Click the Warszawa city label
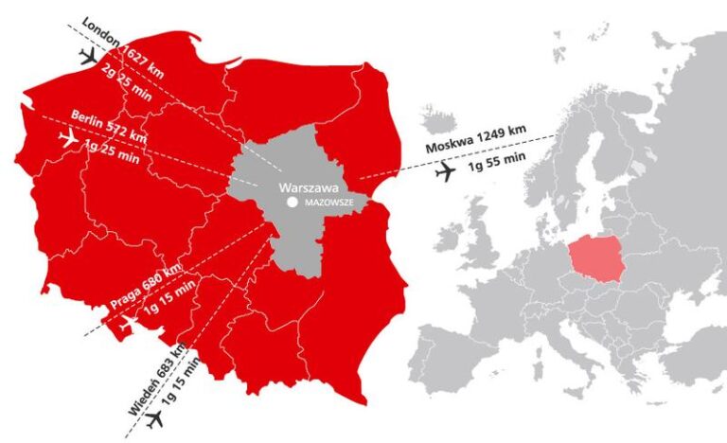303,187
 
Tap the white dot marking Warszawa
293,203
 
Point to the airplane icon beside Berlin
67,139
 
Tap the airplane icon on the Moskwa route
445,172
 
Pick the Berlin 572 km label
109,127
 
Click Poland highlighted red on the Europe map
595,259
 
